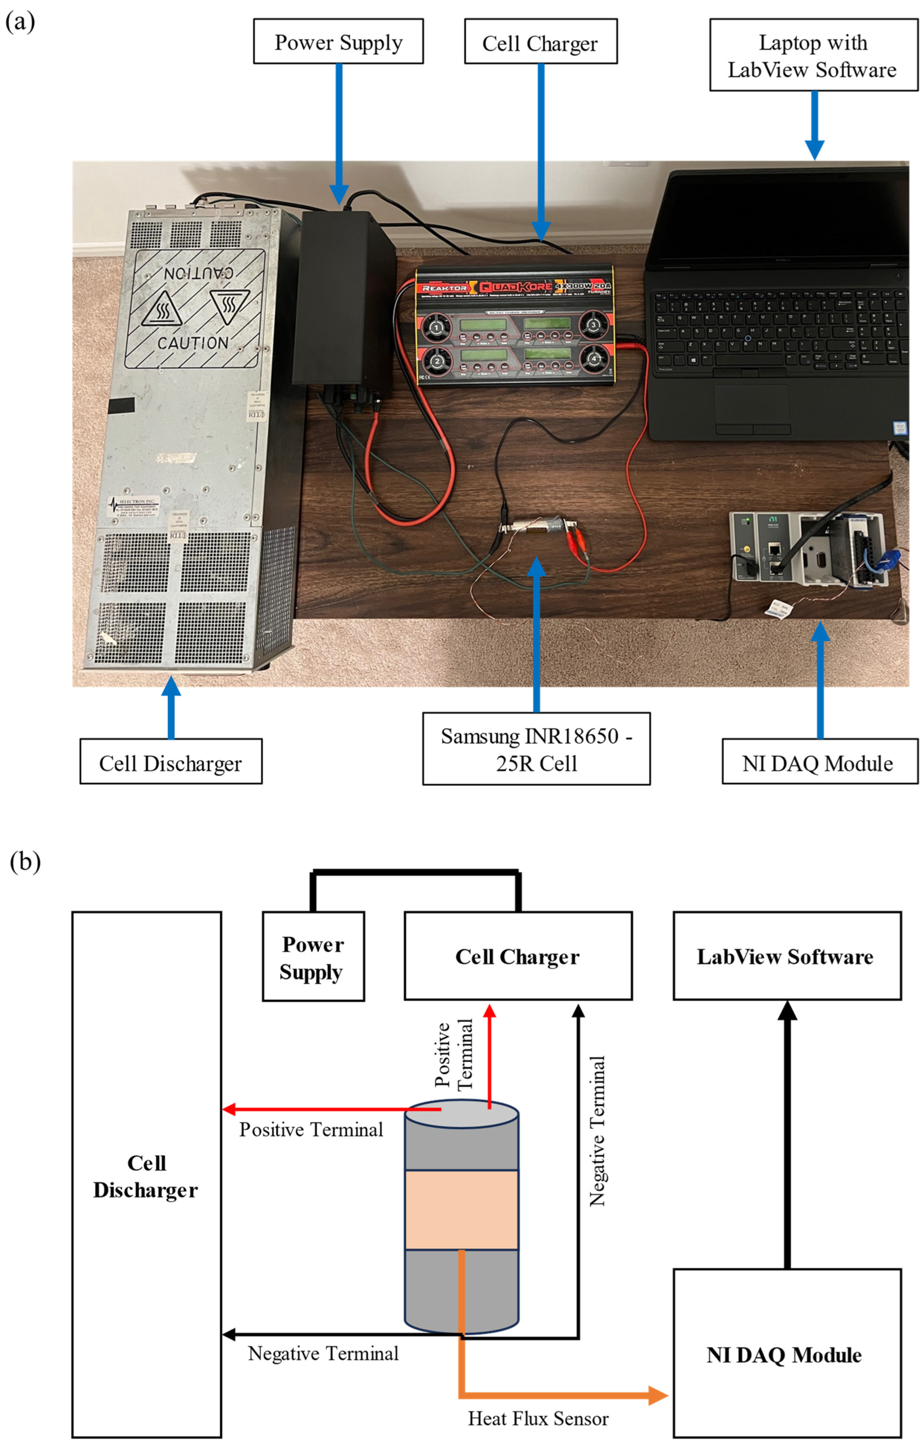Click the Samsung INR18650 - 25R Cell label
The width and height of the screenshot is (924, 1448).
point(536,749)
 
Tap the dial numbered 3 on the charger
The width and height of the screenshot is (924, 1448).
point(593,325)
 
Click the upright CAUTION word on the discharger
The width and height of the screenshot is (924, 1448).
point(192,343)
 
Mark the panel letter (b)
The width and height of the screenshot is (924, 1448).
point(25,861)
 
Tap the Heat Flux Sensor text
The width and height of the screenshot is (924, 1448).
point(538,1419)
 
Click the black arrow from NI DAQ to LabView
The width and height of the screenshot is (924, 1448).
point(787,1143)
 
